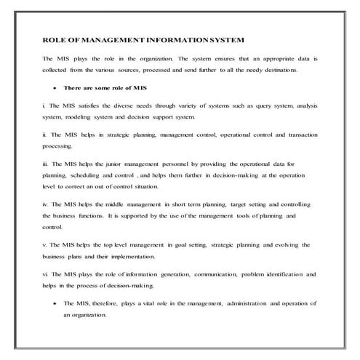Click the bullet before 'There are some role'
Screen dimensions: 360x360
point(55,87)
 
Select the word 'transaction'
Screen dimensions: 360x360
point(298,135)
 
